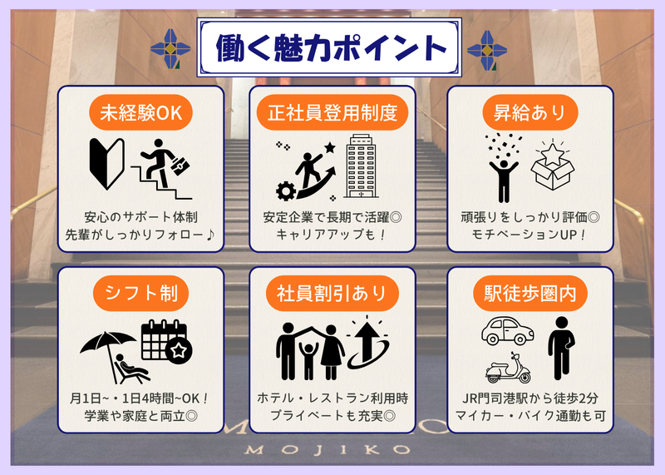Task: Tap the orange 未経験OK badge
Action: [140, 112]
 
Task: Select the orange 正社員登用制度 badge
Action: [332, 112]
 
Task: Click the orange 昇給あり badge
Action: [530, 112]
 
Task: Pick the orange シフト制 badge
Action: [140, 294]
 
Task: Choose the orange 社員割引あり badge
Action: [332, 294]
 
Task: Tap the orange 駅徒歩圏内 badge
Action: [530, 294]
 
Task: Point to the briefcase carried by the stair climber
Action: [180, 166]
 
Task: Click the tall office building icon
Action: [361, 166]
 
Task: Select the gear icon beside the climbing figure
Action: [286, 191]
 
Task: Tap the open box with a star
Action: [553, 167]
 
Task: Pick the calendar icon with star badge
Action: [166, 342]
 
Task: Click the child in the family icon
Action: [308, 360]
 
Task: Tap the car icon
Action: [507, 331]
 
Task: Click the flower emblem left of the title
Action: [170, 49]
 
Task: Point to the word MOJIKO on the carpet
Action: [328, 449]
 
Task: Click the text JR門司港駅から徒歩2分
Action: [530, 398]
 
